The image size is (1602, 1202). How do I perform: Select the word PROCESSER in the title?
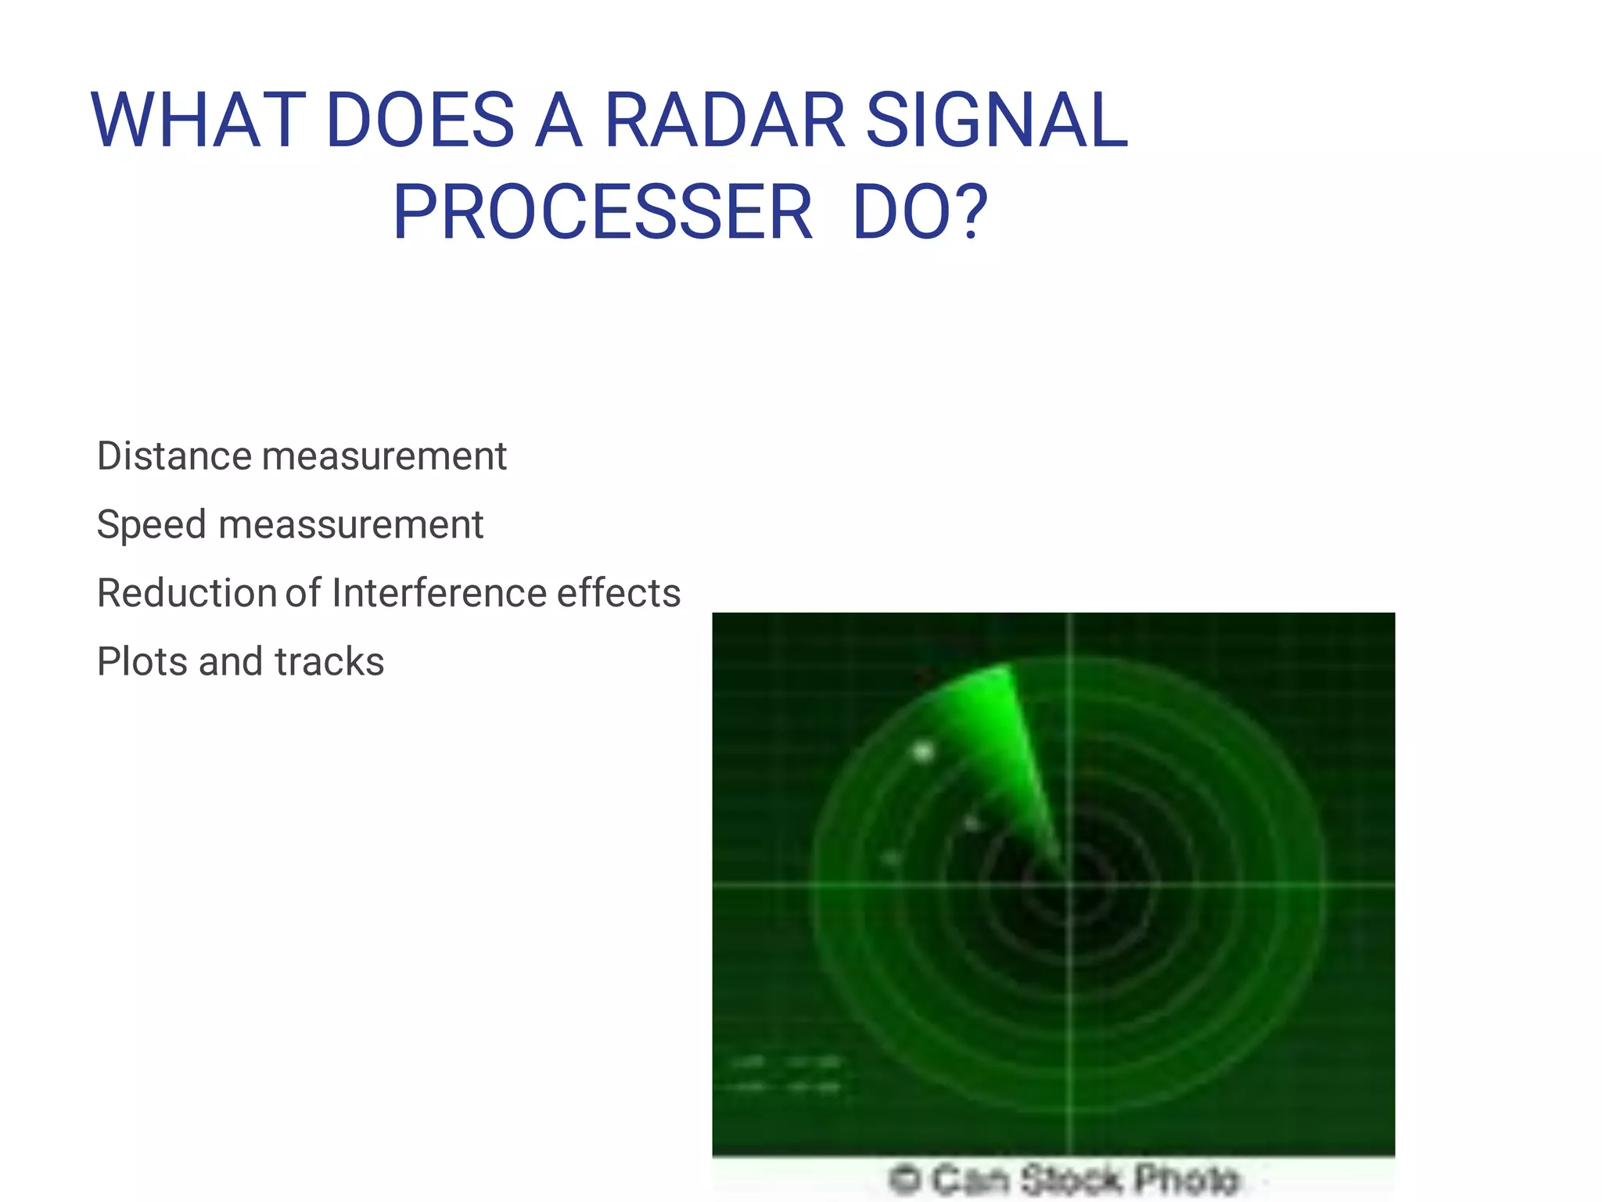(x=602, y=212)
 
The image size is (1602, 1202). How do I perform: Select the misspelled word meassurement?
(x=350, y=524)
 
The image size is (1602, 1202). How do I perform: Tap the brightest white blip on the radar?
(x=924, y=752)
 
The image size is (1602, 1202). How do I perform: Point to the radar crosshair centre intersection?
(x=1069, y=885)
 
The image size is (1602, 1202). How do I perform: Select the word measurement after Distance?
(x=384, y=455)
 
